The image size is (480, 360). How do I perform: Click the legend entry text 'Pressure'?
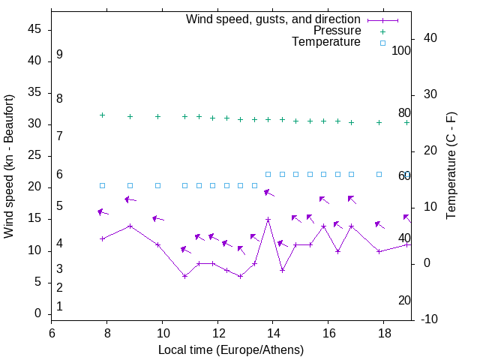tap(337, 31)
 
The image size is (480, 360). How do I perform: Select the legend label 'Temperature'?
tap(326, 42)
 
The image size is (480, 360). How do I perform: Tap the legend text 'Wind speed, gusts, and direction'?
tap(273, 19)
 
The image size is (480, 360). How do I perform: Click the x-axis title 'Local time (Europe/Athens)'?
tap(231, 349)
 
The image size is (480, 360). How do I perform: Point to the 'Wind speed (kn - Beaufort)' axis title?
tap(9, 166)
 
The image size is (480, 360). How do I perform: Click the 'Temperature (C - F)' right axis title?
tap(451, 166)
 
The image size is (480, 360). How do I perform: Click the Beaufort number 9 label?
tap(59, 55)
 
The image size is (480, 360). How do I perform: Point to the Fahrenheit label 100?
tap(402, 51)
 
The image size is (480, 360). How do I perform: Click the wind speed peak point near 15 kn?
tap(268, 220)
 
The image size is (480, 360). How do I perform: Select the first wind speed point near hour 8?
tap(102, 238)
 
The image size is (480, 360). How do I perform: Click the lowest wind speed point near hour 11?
tap(184, 276)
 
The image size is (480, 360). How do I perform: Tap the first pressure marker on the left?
tap(102, 115)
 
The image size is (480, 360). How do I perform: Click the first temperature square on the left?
tap(102, 185)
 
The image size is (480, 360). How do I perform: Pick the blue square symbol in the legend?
tap(382, 43)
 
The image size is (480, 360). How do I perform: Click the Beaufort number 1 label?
tap(59, 306)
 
